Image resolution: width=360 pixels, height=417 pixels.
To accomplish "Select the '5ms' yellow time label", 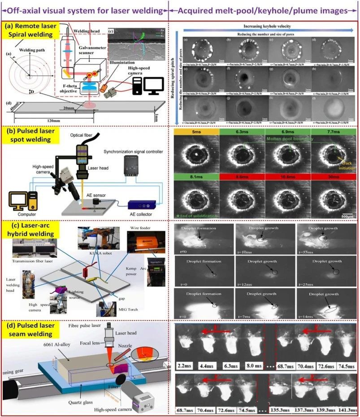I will coord(195,133).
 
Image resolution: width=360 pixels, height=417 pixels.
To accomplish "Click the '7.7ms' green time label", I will coord(334,133).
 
